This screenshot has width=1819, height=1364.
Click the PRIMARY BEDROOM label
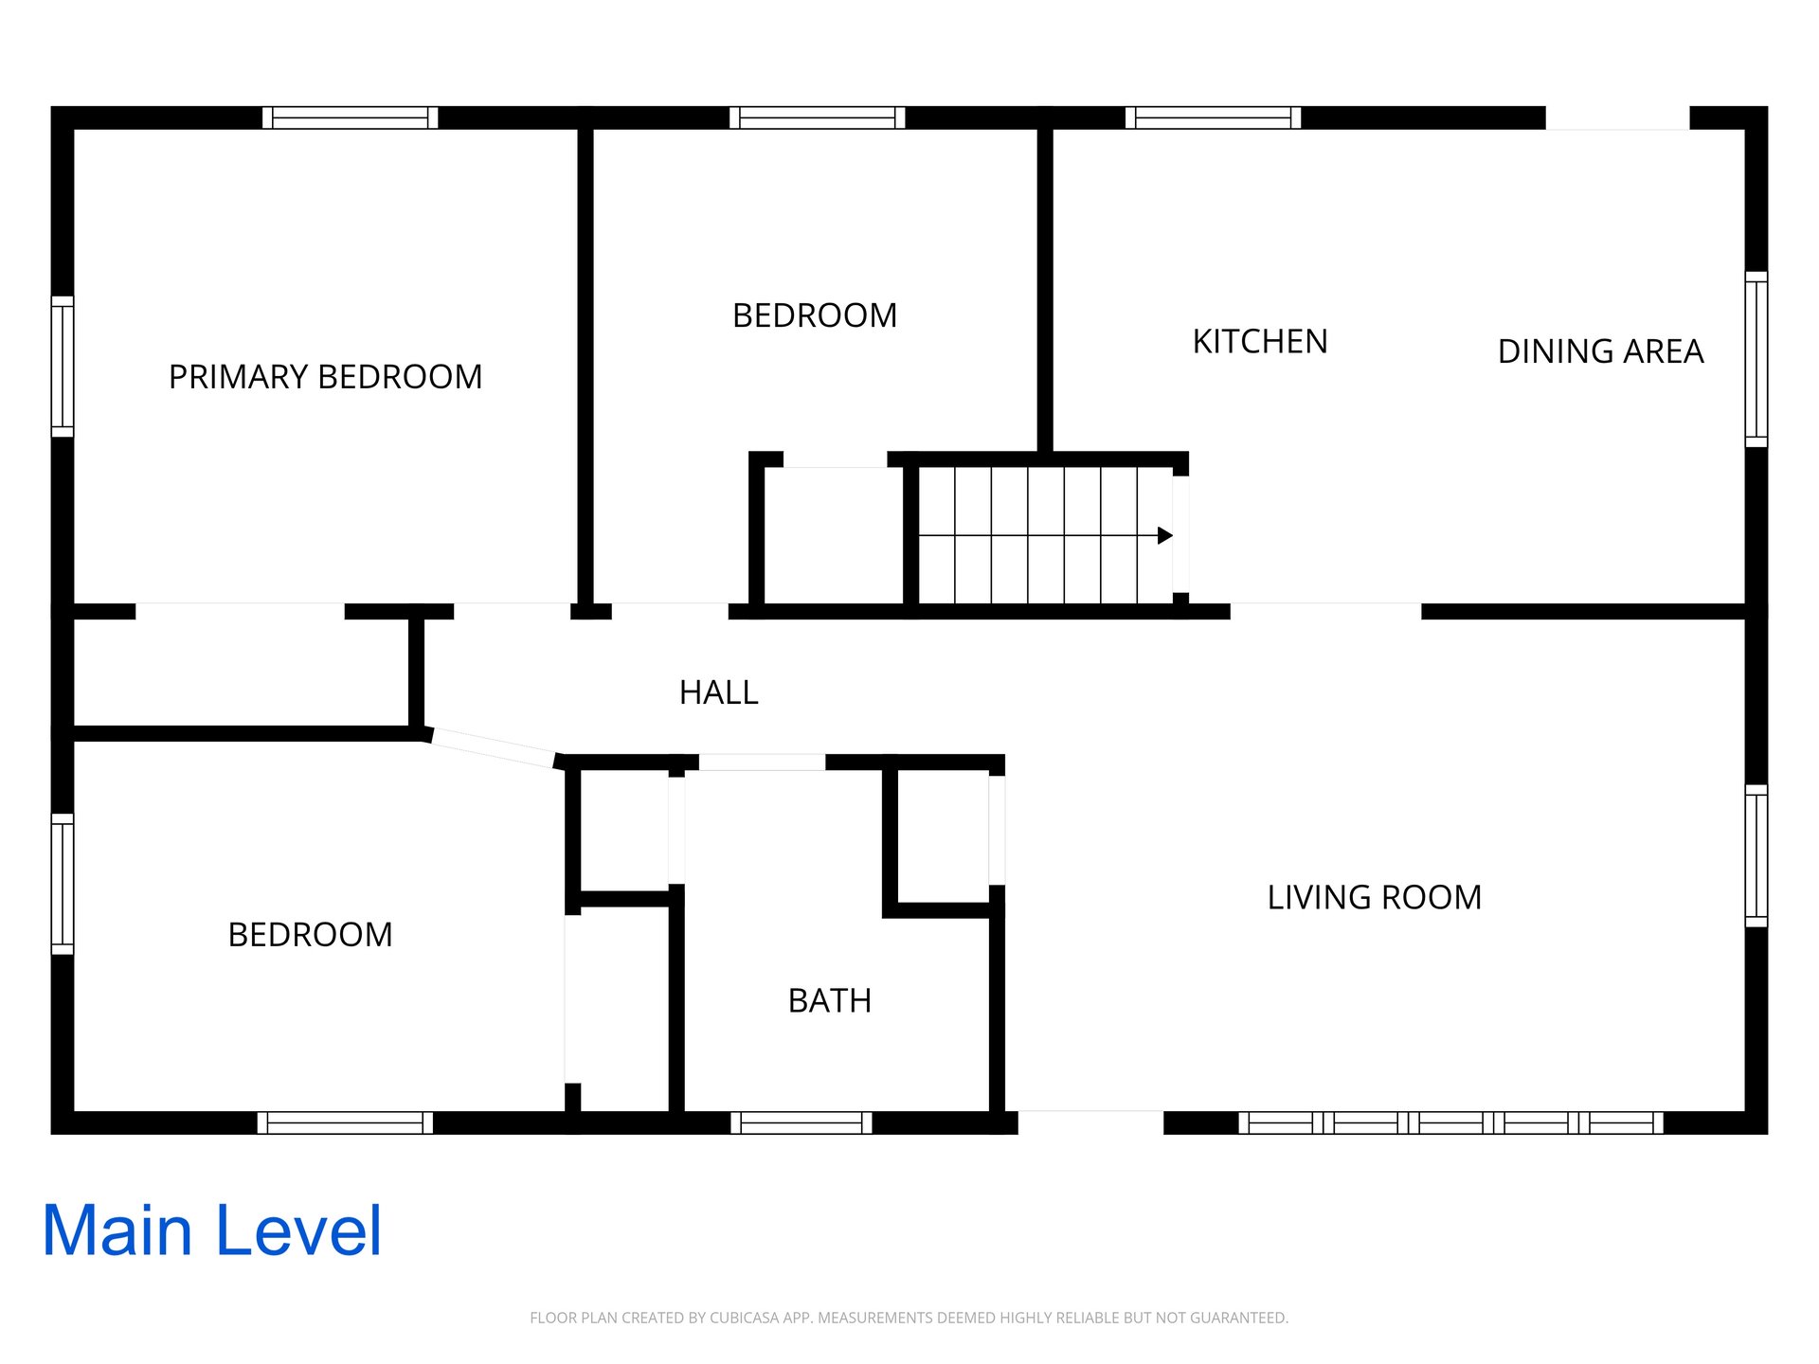(325, 377)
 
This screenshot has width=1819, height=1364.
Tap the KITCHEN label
(1260, 342)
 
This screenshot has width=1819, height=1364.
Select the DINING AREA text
(1600, 351)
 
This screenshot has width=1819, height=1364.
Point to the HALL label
(719, 692)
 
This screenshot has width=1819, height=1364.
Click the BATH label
(830, 1000)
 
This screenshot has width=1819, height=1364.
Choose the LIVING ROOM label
(1375, 897)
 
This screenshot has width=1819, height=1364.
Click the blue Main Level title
(212, 1230)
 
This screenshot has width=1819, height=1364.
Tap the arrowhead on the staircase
(1165, 535)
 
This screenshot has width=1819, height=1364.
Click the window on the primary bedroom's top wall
(351, 117)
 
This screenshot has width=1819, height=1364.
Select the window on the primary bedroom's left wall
(63, 367)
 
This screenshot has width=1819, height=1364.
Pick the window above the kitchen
(1214, 117)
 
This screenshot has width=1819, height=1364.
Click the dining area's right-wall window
(1756, 359)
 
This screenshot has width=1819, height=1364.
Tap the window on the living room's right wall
(1756, 856)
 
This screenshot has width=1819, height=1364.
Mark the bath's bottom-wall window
(801, 1122)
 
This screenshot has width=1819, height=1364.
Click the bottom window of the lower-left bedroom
(346, 1122)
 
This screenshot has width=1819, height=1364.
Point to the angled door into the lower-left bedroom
(491, 747)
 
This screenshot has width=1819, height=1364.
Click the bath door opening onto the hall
(762, 763)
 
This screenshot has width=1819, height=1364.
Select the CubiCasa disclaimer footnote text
(909, 1318)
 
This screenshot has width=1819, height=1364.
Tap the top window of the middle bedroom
(818, 117)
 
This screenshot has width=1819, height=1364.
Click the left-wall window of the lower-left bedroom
(63, 884)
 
